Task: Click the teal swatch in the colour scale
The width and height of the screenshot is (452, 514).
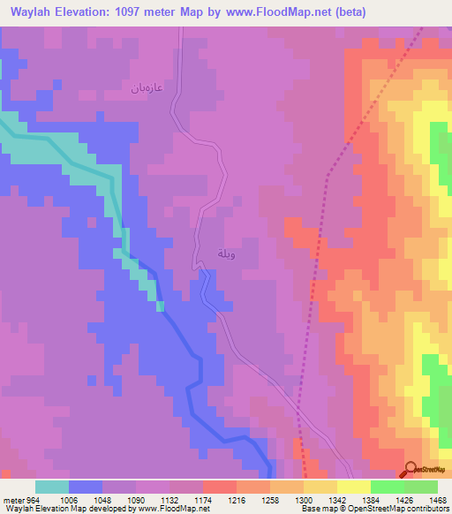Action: coord(52,487)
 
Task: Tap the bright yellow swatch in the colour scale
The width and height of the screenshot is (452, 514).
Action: coord(353,487)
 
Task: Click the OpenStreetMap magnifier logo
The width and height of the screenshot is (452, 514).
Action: coord(412,469)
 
